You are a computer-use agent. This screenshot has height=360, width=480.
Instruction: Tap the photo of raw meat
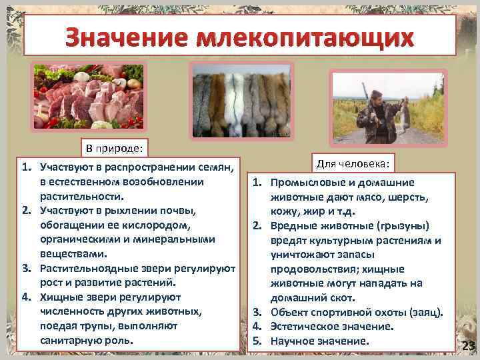tap(89, 97)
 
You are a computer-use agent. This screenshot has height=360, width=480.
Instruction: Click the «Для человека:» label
tap(364, 163)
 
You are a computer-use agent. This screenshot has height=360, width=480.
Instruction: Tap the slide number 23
tap(468, 345)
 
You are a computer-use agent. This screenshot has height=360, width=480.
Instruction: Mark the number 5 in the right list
tap(255, 341)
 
